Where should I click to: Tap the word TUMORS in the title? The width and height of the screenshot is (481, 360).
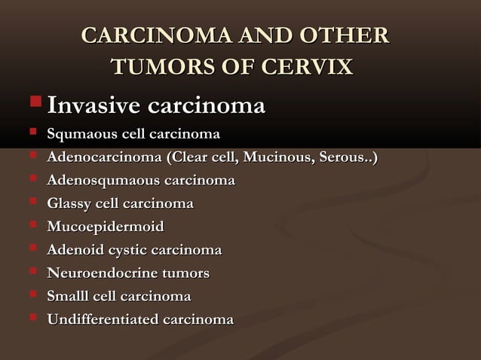pyautogui.click(x=156, y=66)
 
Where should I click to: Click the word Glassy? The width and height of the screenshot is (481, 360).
pyautogui.click(x=69, y=204)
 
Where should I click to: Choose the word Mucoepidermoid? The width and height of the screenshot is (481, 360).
pyautogui.click(x=105, y=227)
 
